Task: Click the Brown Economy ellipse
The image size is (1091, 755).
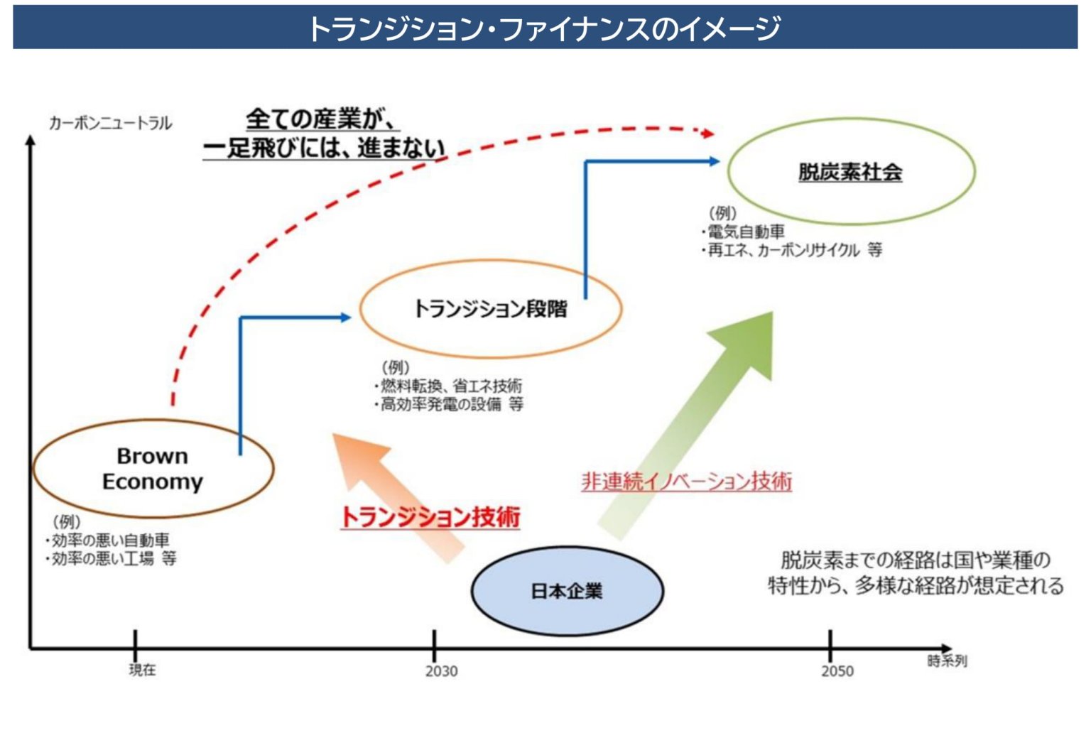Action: click(x=153, y=469)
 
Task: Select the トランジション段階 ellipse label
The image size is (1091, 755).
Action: click(x=490, y=309)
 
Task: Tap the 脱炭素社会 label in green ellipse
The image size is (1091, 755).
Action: click(x=850, y=172)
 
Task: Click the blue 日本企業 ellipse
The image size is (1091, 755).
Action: click(x=567, y=591)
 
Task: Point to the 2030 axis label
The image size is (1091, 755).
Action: click(x=441, y=671)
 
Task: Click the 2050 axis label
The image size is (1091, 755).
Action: click(x=837, y=671)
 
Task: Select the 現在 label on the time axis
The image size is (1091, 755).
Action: click(x=142, y=670)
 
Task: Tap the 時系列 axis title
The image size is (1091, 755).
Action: click(x=947, y=661)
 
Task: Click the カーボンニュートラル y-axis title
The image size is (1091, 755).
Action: click(x=110, y=123)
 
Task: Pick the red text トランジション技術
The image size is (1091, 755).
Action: click(x=430, y=517)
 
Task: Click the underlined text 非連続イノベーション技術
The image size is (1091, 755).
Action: click(x=686, y=482)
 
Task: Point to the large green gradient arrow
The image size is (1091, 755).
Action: click(x=696, y=419)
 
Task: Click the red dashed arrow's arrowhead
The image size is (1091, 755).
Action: click(x=706, y=133)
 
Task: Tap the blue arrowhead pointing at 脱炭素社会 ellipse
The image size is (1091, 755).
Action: click(x=714, y=161)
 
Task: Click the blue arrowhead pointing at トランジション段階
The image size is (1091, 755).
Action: click(x=345, y=317)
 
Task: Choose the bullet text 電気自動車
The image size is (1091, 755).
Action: click(x=746, y=232)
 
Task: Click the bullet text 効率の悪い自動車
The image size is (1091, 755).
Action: click(x=110, y=541)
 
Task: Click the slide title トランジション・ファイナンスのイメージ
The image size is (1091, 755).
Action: click(x=545, y=28)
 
